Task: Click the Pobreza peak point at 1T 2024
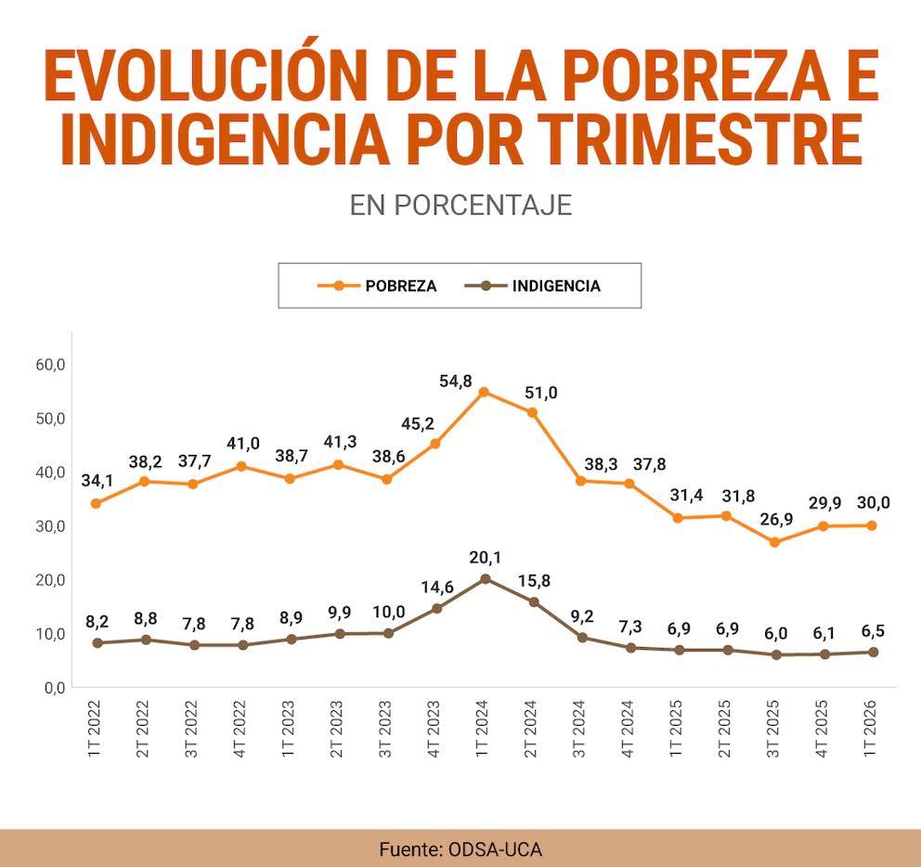click(x=484, y=392)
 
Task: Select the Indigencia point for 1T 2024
click(x=486, y=578)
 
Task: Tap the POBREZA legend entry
click(x=377, y=286)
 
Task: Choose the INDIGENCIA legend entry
click(x=533, y=286)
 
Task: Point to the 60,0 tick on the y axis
click(x=50, y=365)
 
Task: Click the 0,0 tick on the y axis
click(x=55, y=688)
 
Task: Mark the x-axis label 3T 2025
click(x=773, y=729)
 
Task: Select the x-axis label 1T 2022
click(x=94, y=729)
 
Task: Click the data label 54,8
click(x=456, y=382)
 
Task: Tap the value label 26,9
click(x=776, y=519)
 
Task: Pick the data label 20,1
click(x=486, y=557)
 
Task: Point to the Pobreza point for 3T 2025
click(x=774, y=542)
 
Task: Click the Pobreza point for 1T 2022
click(x=96, y=503)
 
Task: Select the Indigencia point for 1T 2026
click(x=874, y=652)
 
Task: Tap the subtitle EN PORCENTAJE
click(x=460, y=205)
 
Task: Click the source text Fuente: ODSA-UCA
click(x=460, y=849)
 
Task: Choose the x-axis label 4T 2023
click(x=434, y=729)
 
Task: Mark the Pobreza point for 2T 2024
click(x=532, y=412)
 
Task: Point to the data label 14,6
click(x=437, y=587)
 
